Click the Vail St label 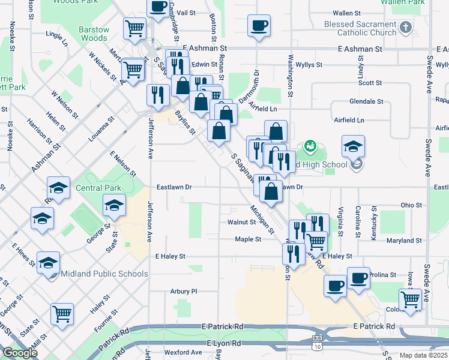coord(186,13)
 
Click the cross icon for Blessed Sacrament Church coord(406,28)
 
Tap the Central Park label coord(98,188)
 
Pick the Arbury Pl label coord(184,292)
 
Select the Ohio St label coord(411,205)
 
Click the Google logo coord(20,353)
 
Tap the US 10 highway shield coord(317,346)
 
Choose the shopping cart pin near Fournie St coord(62,314)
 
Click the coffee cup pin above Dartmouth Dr coord(259,26)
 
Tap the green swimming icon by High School coord(310,146)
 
